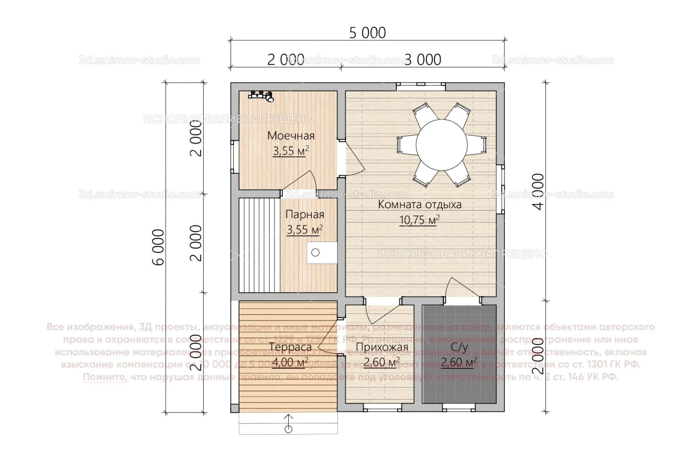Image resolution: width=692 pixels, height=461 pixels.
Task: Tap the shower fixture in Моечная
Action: [262, 95]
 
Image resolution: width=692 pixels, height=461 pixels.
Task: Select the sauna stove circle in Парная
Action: [315, 253]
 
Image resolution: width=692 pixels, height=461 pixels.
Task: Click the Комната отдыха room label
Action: [419, 204]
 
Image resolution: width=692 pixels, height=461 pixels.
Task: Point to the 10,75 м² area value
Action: [419, 220]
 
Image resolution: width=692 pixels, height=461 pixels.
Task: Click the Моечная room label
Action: [290, 136]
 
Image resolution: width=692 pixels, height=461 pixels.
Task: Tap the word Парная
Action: [305, 214]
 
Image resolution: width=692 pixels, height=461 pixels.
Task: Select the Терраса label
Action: [290, 347]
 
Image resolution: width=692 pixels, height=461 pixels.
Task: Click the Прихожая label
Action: [381, 347]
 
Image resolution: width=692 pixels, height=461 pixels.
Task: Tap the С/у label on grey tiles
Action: [459, 347]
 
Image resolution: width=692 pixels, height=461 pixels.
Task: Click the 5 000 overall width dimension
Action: [367, 32]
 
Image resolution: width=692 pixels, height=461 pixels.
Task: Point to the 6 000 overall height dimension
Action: [158, 248]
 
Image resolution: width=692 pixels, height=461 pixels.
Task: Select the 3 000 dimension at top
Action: [422, 60]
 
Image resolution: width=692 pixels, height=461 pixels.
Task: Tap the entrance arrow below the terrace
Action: [288, 423]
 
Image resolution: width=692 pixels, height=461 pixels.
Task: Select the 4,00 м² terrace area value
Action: [290, 363]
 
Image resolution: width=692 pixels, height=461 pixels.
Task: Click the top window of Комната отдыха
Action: [420, 85]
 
